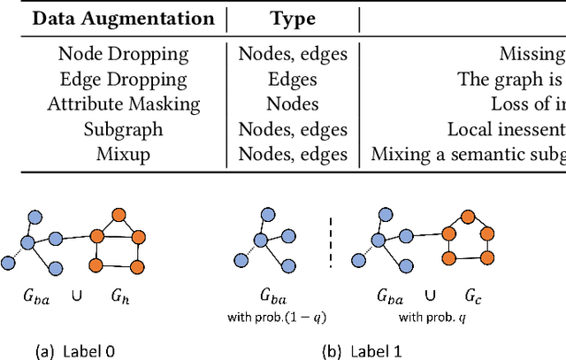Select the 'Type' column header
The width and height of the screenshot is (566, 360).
293,19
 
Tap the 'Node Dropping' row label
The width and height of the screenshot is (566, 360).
123,54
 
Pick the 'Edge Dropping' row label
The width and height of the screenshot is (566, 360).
123,79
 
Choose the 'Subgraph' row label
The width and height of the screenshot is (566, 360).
123,130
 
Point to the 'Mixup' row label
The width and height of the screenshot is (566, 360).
123,155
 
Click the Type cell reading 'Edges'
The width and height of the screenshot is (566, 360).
293,79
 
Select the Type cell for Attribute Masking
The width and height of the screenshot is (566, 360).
293,104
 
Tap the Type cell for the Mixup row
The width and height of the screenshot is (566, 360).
293,155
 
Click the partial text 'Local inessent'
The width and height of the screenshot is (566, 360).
506,130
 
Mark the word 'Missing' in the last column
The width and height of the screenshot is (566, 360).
532,54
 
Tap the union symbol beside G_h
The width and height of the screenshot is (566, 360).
77,299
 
